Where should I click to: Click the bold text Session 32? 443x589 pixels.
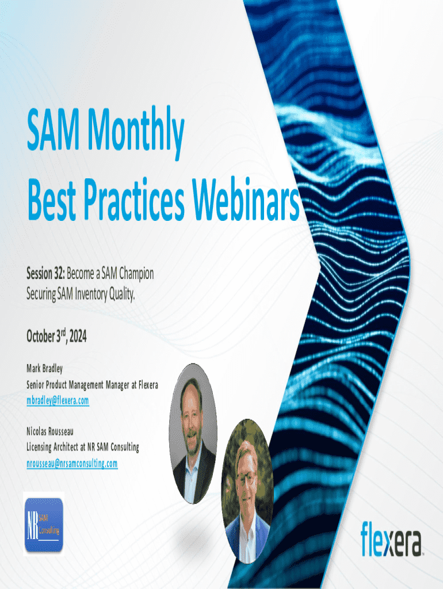coord(45,273)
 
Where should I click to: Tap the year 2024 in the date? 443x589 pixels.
coord(78,336)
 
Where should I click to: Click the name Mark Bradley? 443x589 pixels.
coord(44,369)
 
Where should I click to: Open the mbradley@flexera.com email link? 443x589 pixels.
coord(58,401)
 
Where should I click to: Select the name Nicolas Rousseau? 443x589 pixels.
coord(50,431)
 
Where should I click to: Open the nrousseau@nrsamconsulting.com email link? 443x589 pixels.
coord(72,464)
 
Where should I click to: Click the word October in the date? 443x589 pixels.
coord(41,336)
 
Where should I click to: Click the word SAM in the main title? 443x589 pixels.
coord(53,129)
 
